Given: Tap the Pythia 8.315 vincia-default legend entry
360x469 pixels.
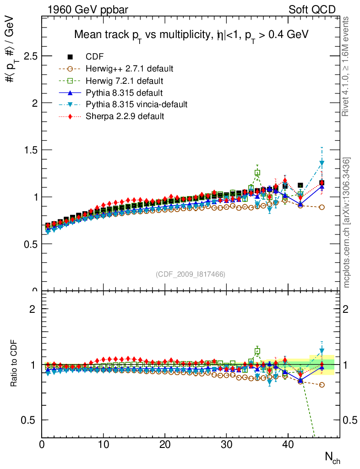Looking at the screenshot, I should pyautogui.click(x=136, y=104).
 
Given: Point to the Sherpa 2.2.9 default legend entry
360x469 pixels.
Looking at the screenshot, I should pyautogui.click(x=125, y=116).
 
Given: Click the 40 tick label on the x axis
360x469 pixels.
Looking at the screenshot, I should pyautogui.click(x=288, y=444).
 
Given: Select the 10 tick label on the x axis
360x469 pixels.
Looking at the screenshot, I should pyautogui.click(x=104, y=444).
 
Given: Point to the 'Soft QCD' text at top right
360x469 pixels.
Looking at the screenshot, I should pyautogui.click(x=312, y=10).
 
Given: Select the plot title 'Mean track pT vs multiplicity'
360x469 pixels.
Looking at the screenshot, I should pyautogui.click(x=191, y=35).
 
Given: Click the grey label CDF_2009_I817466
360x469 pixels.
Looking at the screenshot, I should pyautogui.click(x=191, y=274).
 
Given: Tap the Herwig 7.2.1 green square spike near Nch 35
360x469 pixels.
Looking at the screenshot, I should pyautogui.click(x=257, y=173).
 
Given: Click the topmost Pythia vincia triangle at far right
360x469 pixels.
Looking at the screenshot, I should pyautogui.click(x=322, y=163).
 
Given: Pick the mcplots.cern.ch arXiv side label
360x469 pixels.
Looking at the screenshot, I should pyautogui.click(x=347, y=223).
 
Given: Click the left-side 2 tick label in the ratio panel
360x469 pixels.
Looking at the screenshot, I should pyautogui.click(x=33, y=309).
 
